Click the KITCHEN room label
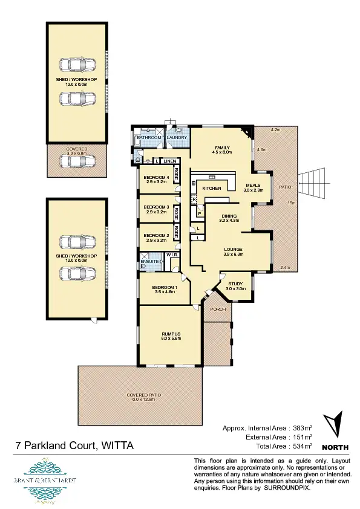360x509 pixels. [x=211, y=189]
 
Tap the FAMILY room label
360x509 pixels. [x=222, y=148]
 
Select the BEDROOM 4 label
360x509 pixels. [x=156, y=177]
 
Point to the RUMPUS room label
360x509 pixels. [x=171, y=334]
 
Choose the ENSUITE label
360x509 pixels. [x=149, y=261]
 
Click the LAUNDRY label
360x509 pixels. [x=178, y=138]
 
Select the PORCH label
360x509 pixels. [x=217, y=309]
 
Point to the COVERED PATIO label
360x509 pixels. [x=142, y=395]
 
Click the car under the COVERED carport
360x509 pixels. [x=76, y=161]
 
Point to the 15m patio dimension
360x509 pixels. [x=292, y=203]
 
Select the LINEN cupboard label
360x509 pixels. [x=169, y=161]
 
